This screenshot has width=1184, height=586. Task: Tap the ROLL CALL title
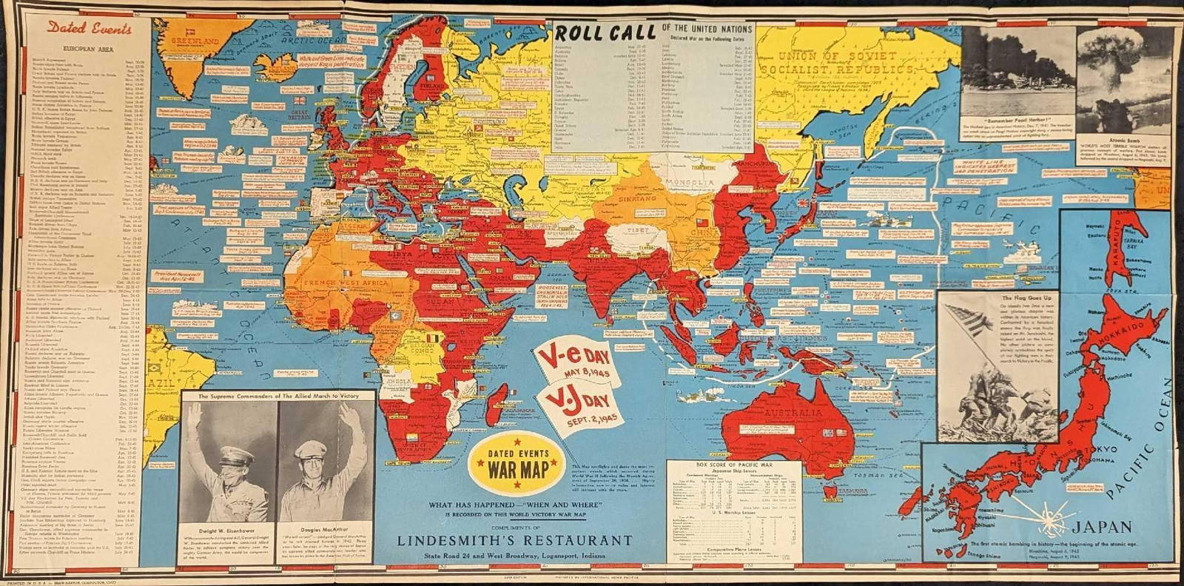tap(606, 33)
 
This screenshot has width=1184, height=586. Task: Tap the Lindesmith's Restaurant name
tap(514, 540)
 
